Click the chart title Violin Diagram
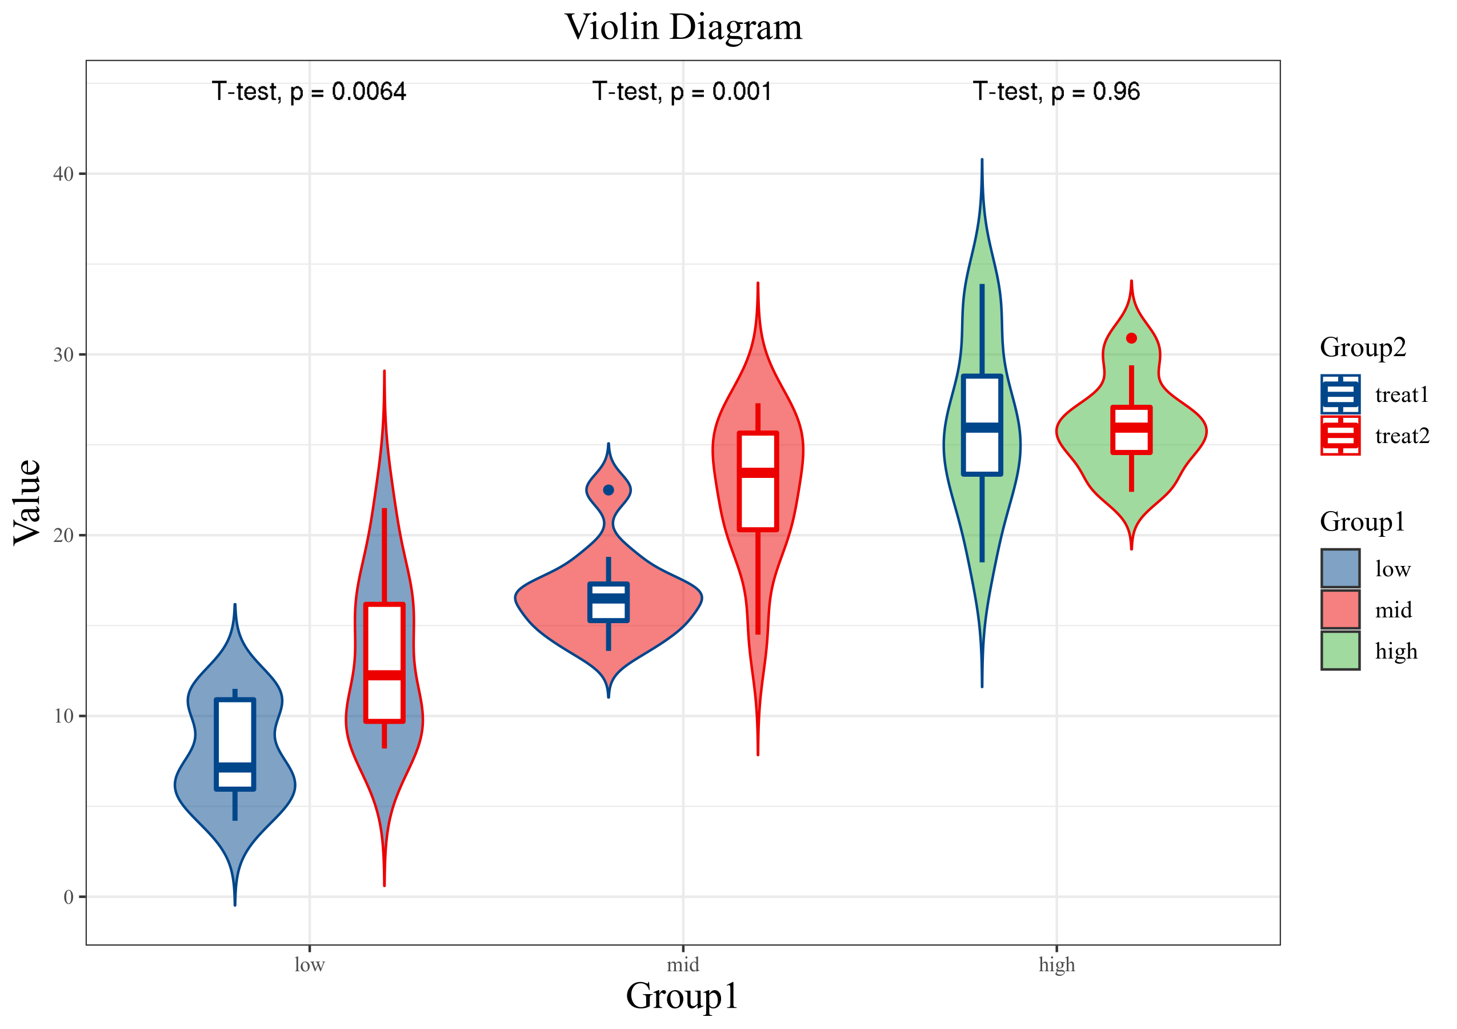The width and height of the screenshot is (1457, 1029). tap(683, 27)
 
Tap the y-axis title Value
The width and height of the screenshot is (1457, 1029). tap(27, 502)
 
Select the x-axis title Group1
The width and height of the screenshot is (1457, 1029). tap(682, 995)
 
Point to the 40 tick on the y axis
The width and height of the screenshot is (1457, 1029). tap(63, 174)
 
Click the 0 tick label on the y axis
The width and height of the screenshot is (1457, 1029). tap(69, 897)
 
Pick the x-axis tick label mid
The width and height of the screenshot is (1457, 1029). tap(683, 965)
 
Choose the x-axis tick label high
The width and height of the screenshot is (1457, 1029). tap(1056, 965)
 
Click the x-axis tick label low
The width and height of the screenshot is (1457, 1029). tap(309, 965)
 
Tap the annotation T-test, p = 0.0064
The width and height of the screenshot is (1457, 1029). tap(309, 92)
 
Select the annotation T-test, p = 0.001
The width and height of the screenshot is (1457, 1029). tap(682, 92)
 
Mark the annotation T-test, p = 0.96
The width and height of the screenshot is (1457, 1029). tap(1056, 92)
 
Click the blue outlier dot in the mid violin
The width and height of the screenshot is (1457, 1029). tap(609, 490)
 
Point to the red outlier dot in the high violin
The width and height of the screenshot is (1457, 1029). tap(1131, 338)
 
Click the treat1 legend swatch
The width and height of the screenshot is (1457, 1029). tap(1340, 394)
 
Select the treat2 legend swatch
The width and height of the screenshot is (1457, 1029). tap(1340, 436)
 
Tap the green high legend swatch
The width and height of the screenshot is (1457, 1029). tap(1340, 651)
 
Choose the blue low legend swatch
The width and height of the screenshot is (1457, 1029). tap(1340, 568)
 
